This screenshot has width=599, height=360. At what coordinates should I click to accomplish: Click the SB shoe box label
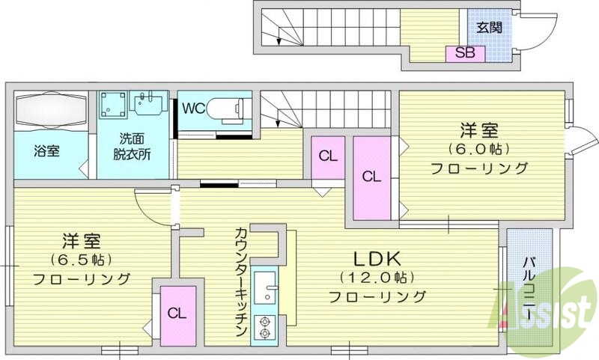click(x=464, y=53)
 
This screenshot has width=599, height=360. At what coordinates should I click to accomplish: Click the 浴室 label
click(x=46, y=150)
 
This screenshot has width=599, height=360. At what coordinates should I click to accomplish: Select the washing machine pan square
click(x=113, y=106)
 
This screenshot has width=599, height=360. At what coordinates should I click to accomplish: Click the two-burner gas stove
click(x=265, y=326)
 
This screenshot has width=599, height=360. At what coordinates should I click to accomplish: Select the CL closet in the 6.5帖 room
click(x=177, y=313)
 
